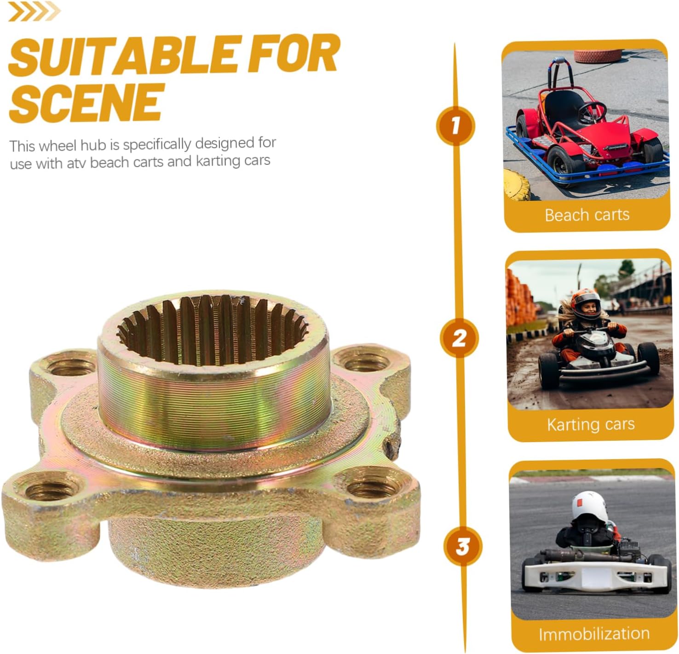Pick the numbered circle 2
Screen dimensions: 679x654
459,338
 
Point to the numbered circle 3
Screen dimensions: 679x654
463,547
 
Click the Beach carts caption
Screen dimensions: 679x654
587,215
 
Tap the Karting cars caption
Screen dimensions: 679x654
591,425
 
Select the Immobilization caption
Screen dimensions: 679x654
594,633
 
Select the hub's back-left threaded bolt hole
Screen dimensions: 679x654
71,366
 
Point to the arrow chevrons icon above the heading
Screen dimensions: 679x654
34,11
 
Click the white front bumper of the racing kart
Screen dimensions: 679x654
596,575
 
